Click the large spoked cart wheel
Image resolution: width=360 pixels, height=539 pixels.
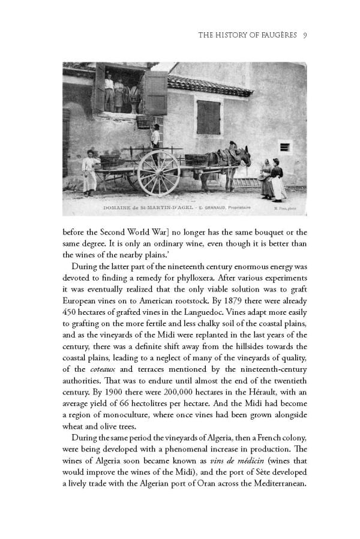(x=158, y=173)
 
